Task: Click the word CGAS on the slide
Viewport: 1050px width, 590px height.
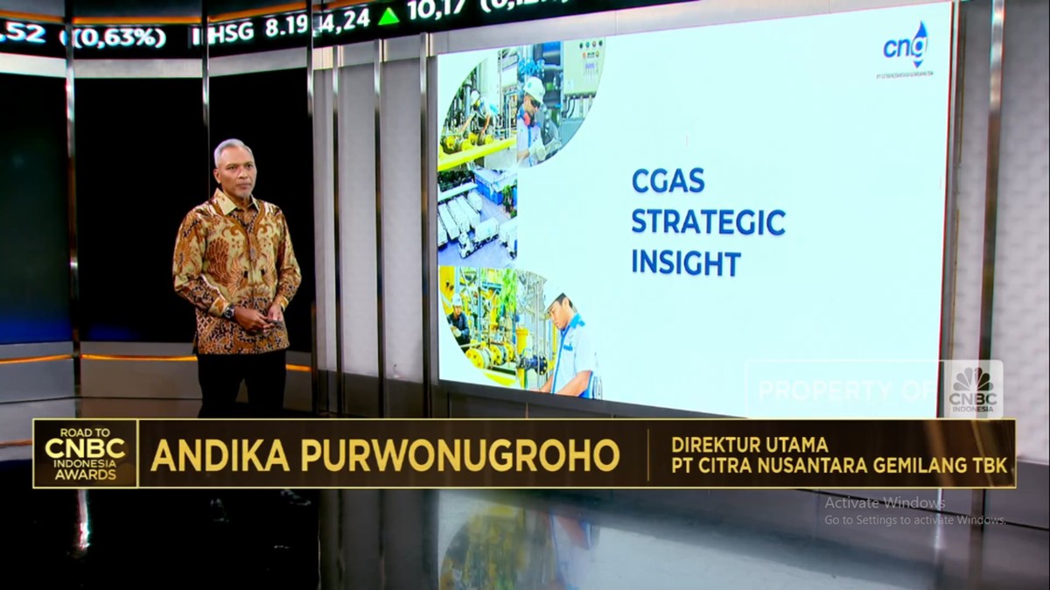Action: pos(668,182)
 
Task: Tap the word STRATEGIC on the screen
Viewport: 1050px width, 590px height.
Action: pos(708,222)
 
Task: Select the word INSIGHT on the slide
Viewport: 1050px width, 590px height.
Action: pos(686,263)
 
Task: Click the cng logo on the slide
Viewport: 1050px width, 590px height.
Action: pos(905,46)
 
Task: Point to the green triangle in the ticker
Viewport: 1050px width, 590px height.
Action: pos(388,16)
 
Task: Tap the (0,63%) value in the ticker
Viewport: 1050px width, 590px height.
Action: pos(121,38)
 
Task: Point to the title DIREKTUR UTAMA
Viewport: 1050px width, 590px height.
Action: pos(749,444)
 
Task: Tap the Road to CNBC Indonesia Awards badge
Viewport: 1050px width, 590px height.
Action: pos(86,453)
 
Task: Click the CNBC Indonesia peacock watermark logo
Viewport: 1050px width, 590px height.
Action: pos(972,388)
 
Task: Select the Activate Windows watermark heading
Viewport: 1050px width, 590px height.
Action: pos(885,503)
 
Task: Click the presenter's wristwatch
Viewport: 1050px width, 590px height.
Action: pos(229,313)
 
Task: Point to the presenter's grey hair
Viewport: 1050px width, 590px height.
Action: pos(233,149)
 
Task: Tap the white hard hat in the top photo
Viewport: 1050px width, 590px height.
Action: pos(533,88)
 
